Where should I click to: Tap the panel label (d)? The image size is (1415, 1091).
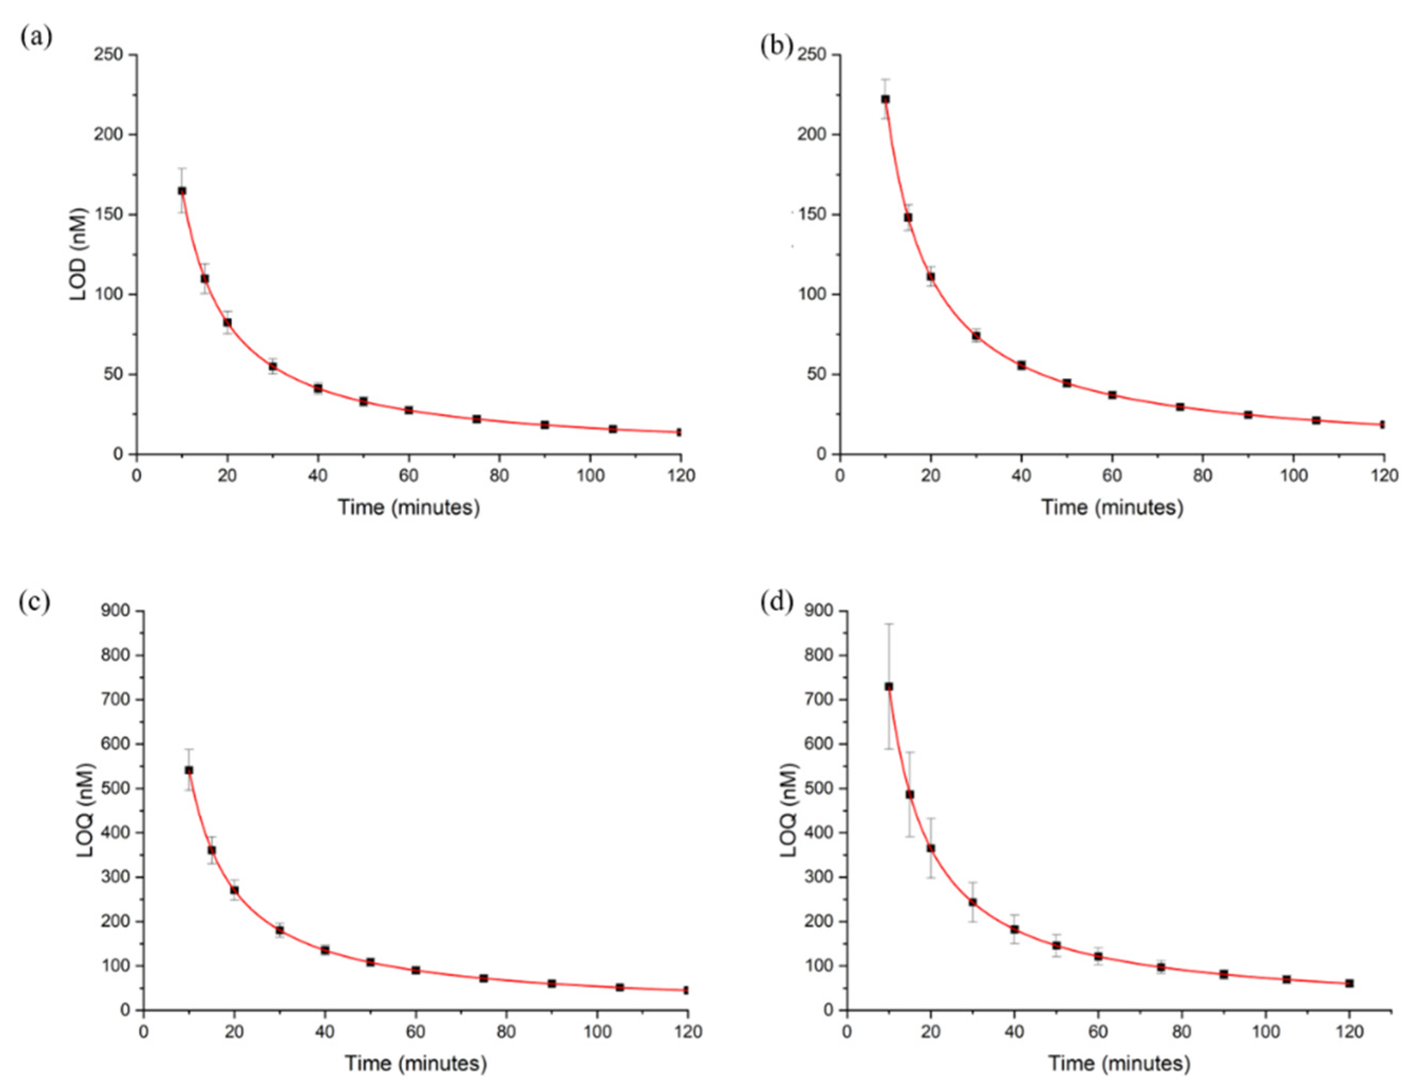(776, 602)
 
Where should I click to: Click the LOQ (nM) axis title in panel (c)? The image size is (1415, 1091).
(86, 811)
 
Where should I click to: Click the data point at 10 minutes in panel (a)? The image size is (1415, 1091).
(182, 191)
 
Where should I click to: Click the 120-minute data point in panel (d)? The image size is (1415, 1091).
(1349, 983)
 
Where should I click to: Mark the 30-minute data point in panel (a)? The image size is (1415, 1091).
(273, 366)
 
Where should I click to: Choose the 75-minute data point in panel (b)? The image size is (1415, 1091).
(1180, 407)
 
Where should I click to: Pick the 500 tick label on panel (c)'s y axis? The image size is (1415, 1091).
(115, 788)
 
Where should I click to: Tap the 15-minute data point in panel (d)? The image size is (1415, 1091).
(910, 794)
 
